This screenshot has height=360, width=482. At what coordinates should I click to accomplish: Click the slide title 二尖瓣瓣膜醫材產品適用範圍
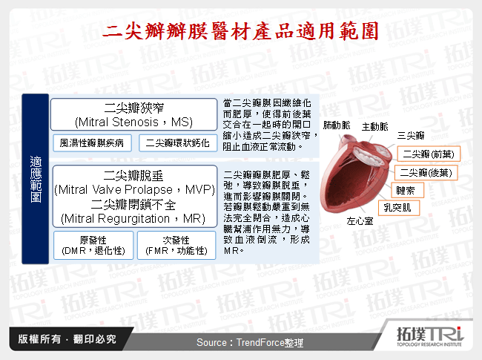(x=241, y=30)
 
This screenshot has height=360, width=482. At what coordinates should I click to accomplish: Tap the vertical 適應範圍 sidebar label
(x=36, y=178)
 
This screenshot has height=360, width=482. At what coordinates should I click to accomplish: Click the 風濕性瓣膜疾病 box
(x=91, y=142)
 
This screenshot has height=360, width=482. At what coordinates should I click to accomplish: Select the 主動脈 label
(x=374, y=126)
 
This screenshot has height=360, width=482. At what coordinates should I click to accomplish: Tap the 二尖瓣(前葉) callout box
(x=427, y=154)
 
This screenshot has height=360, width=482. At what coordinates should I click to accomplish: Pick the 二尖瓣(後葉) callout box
(x=427, y=172)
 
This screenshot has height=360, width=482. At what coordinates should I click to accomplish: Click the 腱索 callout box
(x=406, y=190)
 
